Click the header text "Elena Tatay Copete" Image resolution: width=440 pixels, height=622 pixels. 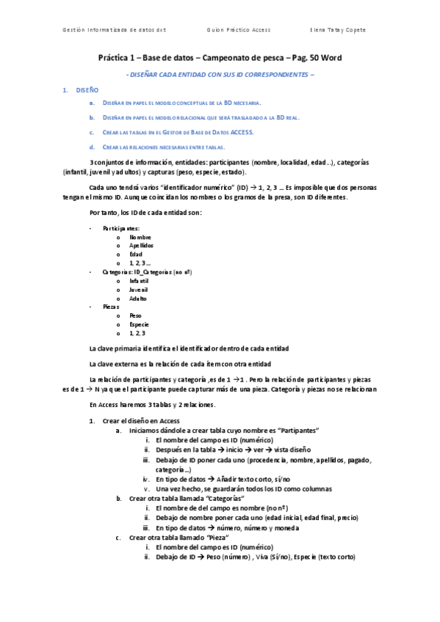click(x=339, y=30)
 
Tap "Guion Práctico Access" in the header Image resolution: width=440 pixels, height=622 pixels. click(x=239, y=30)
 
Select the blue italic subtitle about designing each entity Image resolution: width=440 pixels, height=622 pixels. click(x=220, y=75)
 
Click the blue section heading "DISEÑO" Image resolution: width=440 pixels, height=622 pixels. click(x=87, y=89)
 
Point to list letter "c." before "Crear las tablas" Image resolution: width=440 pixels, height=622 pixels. click(x=92, y=132)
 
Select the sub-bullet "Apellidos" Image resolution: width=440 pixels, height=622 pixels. click(x=142, y=246)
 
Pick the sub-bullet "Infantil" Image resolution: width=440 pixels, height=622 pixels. click(x=139, y=280)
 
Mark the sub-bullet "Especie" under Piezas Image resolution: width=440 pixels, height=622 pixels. click(x=140, y=324)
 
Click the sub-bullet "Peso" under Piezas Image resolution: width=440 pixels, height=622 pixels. click(x=136, y=315)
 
